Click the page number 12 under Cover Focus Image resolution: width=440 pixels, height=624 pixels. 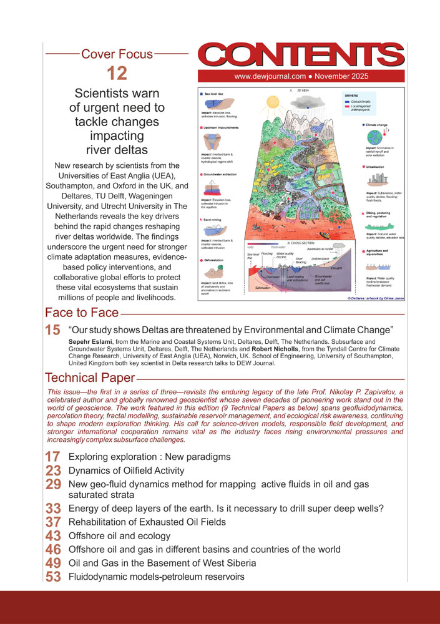coord(117,73)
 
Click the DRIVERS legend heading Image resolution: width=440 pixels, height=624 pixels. coord(353,95)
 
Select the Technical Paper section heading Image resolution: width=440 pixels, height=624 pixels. coord(90,378)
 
